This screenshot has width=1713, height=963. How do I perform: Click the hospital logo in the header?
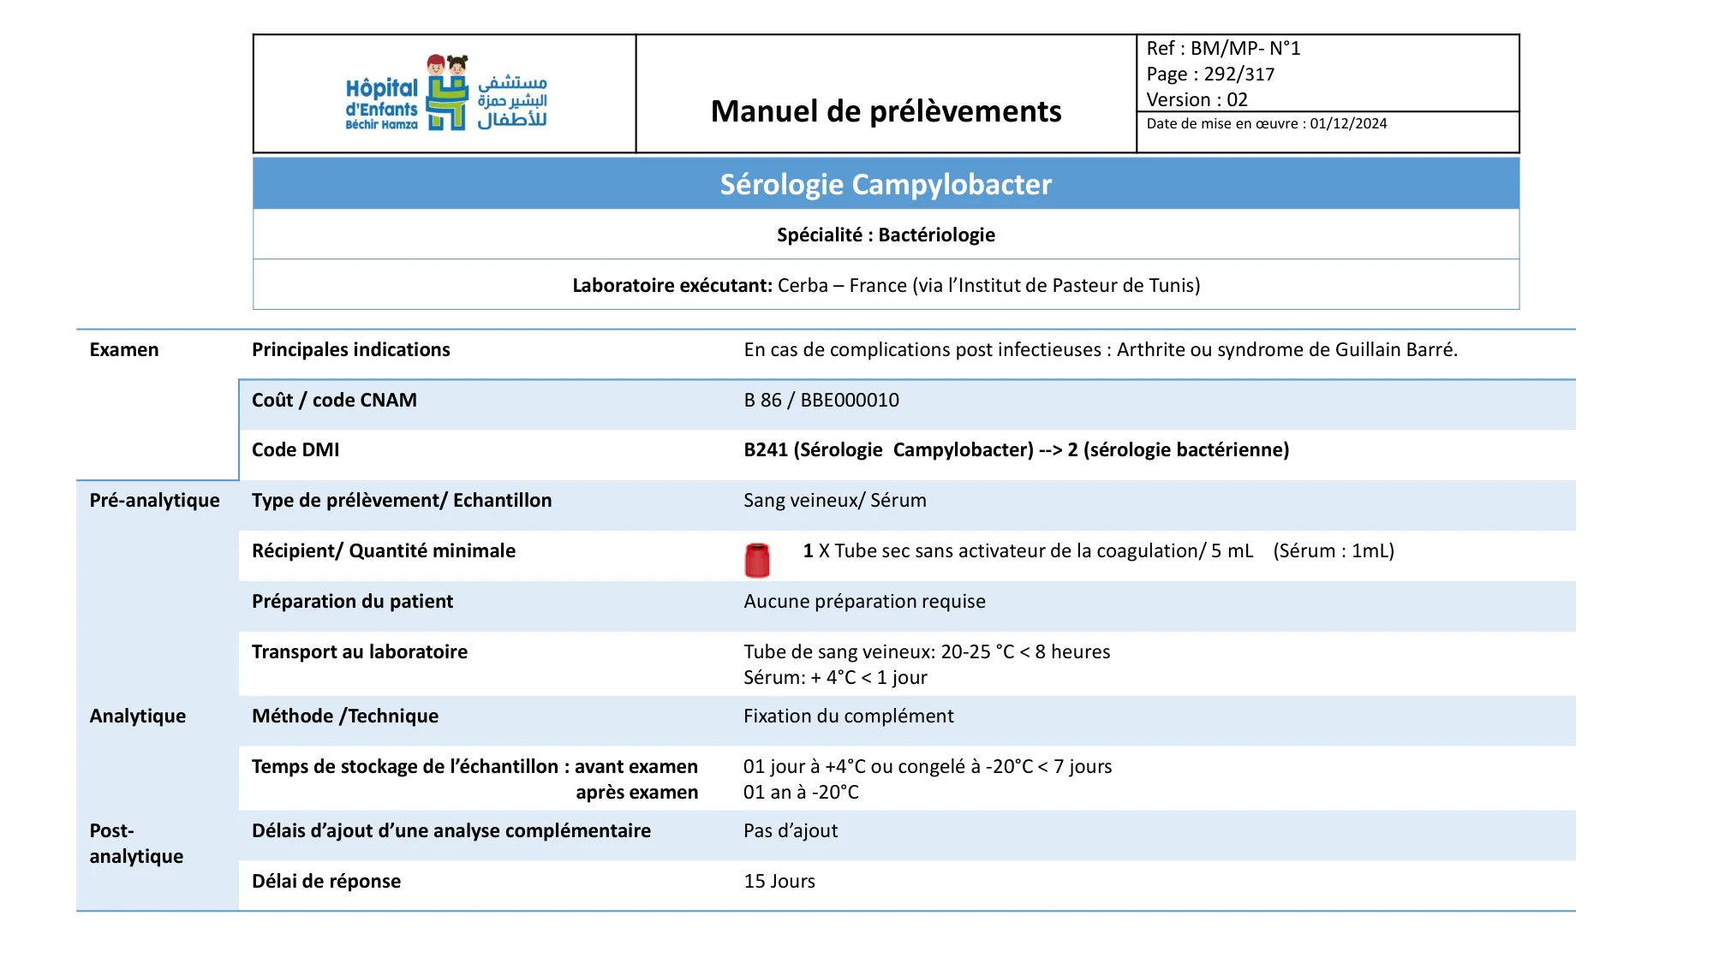[446, 93]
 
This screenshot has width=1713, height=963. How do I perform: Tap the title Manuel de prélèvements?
[886, 111]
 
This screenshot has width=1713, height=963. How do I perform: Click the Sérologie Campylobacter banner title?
[886, 184]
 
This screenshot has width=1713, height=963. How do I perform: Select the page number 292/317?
[1238, 74]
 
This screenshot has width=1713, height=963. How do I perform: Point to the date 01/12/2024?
[1348, 123]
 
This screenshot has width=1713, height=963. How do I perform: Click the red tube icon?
[757, 560]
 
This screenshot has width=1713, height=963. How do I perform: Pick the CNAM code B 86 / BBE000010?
[821, 400]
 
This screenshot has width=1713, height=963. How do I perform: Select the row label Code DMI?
[295, 449]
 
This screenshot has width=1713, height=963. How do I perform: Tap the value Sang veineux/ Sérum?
[835, 500]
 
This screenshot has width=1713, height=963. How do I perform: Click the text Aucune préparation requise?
[864, 601]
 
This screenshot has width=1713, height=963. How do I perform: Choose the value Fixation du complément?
[848, 716]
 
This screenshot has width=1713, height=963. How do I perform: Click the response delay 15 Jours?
[779, 881]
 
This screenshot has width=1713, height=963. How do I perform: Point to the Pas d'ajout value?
[791, 830]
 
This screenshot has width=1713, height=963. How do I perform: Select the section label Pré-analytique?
[154, 500]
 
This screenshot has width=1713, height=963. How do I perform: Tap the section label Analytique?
[137, 716]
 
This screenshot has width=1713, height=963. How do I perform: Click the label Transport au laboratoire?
[360, 651]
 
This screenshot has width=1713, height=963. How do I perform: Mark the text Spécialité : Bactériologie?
[886, 235]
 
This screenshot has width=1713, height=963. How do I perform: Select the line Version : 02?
[1197, 99]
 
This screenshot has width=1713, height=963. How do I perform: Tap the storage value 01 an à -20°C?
[801, 792]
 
